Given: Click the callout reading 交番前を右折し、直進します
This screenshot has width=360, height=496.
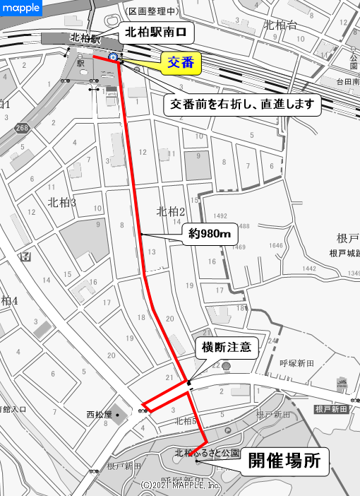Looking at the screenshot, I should (x=243, y=105).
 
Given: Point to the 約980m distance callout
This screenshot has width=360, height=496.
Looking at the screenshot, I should (x=210, y=234).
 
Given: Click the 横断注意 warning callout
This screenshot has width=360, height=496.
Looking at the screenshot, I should (x=227, y=348).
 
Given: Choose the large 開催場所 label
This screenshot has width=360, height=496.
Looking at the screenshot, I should (x=288, y=462).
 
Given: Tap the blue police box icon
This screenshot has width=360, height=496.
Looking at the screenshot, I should (x=113, y=57).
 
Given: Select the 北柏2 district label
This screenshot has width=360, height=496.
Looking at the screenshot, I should (x=170, y=211).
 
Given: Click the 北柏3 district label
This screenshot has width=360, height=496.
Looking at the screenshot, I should (x=61, y=203).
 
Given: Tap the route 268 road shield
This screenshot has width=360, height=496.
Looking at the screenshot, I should (x=22, y=128).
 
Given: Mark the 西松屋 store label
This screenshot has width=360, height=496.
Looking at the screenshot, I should (x=100, y=414).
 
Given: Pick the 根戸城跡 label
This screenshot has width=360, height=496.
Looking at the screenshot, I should (x=345, y=253).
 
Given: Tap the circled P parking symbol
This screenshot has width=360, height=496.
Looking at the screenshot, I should (x=227, y=430).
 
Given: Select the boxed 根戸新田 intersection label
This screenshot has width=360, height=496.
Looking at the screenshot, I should (x=332, y=409).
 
